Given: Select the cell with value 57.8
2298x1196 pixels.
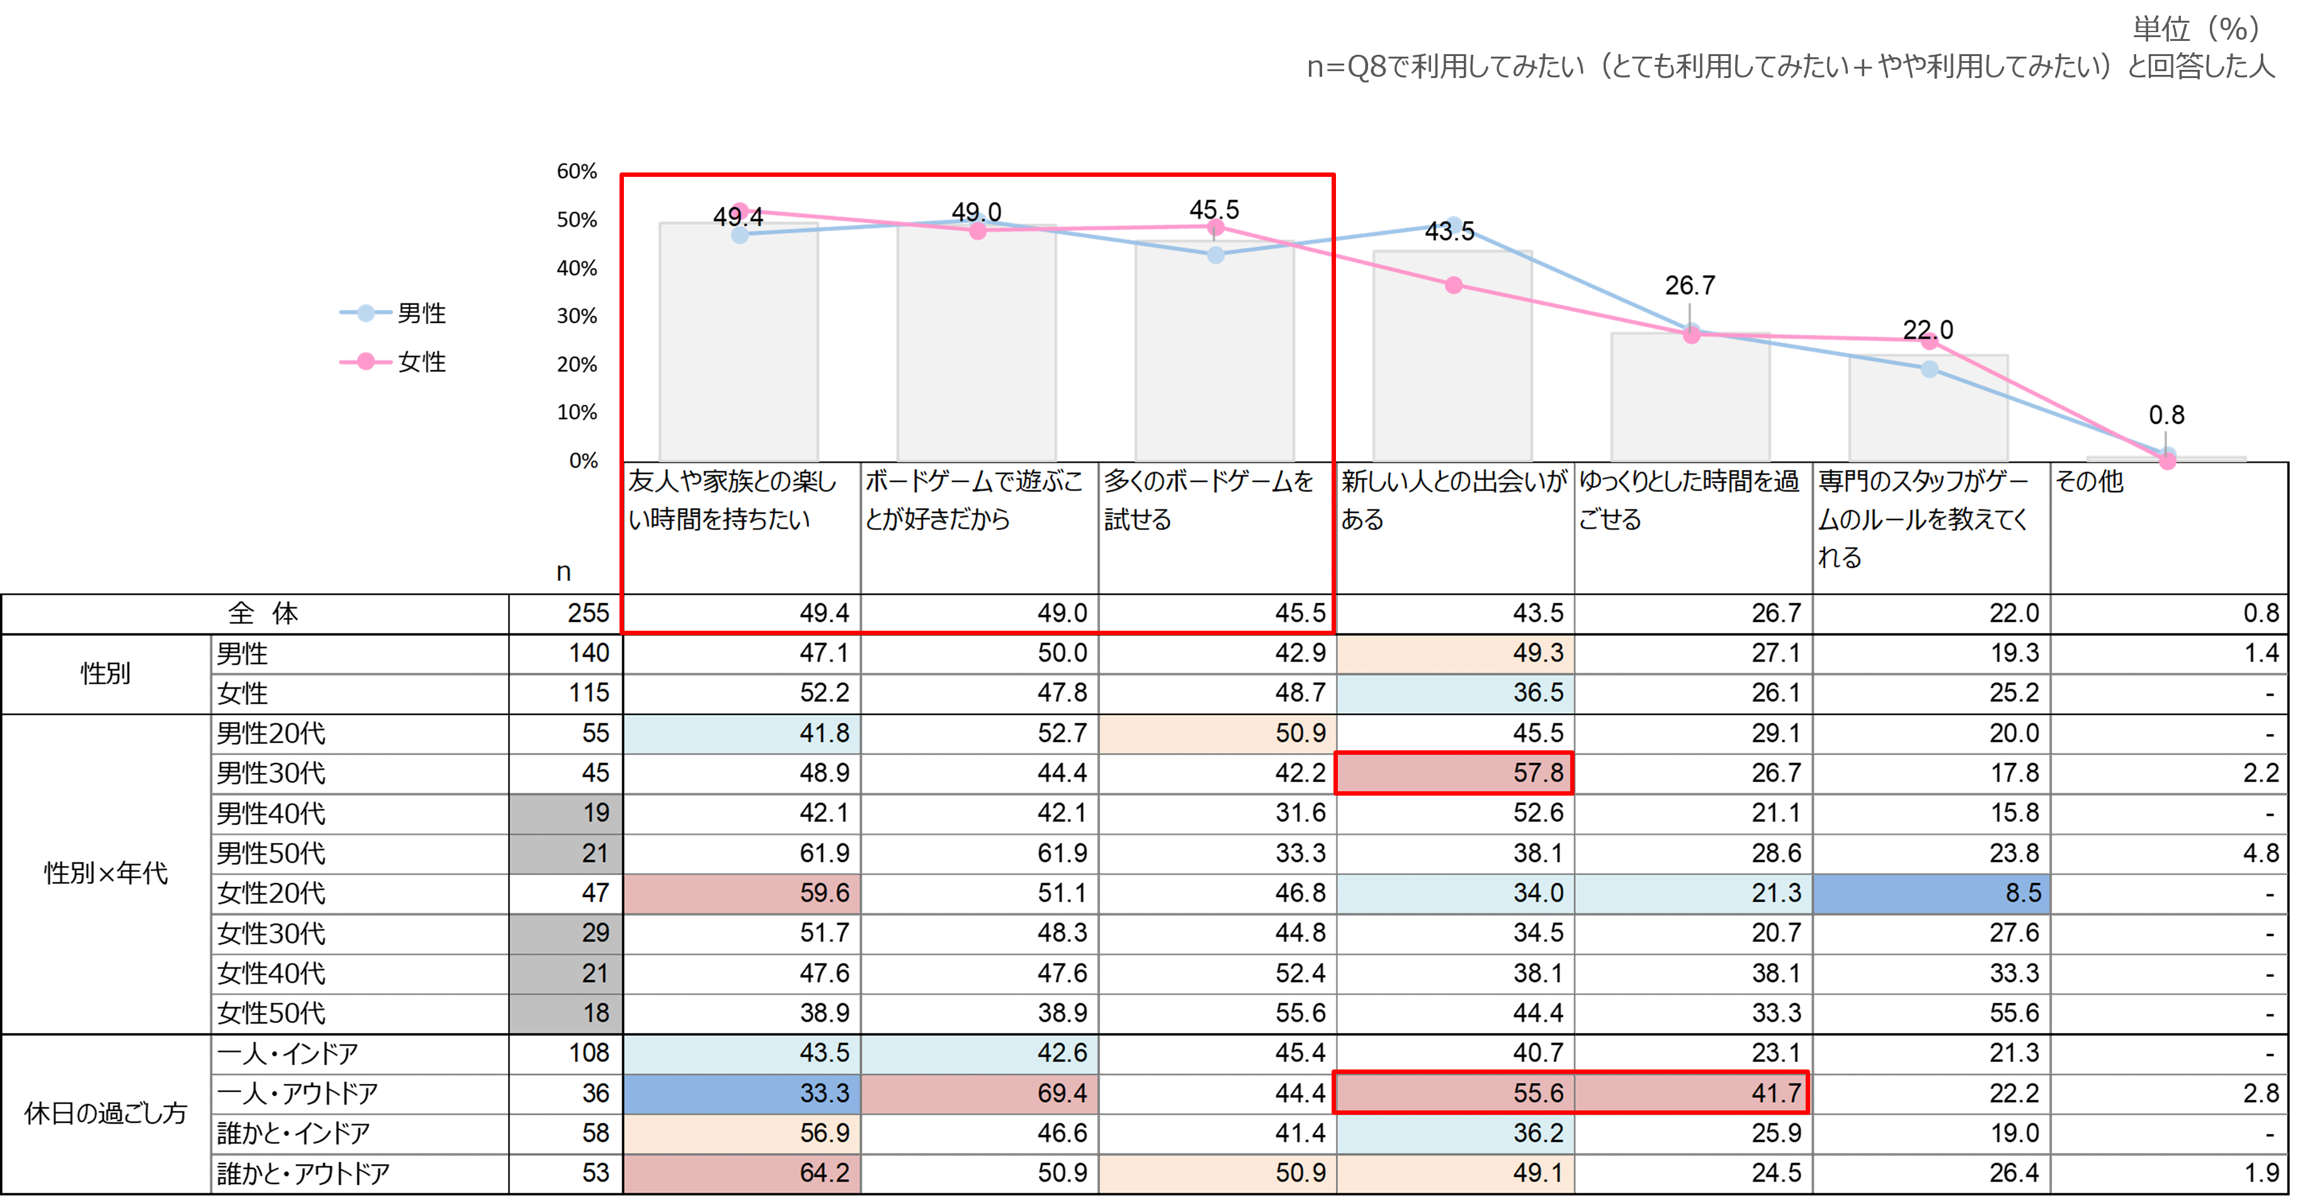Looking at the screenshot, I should tap(1454, 773).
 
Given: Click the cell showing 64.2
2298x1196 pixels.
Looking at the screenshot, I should tap(741, 1173).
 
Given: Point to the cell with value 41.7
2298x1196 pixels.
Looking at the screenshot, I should tap(1692, 1093).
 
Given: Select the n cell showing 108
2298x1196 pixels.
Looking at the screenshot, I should tap(565, 1053).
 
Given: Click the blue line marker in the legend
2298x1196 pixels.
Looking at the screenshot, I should tap(366, 313).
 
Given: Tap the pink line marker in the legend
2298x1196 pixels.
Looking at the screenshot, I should tap(366, 362).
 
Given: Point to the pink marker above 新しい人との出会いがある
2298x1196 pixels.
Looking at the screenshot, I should tap(1454, 285).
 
